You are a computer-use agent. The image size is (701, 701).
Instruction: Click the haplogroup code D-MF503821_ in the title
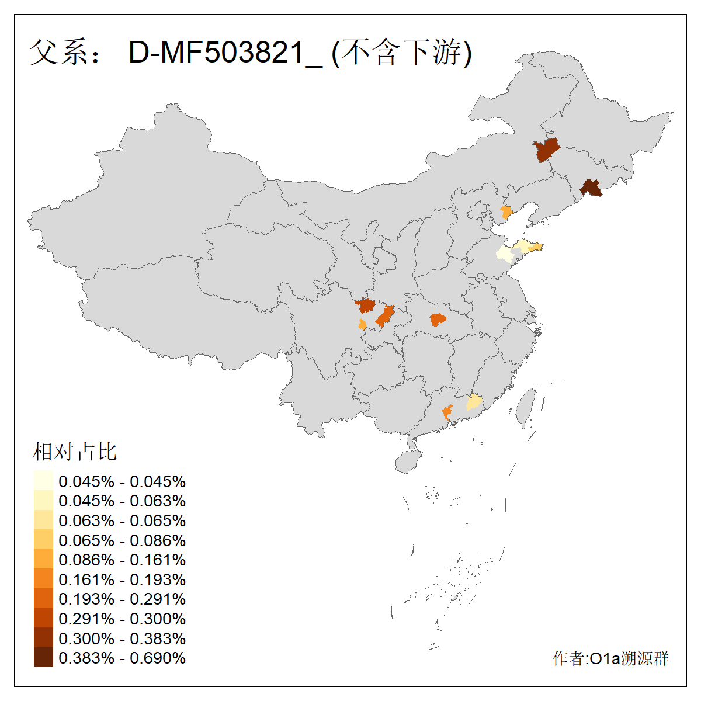tap(225, 53)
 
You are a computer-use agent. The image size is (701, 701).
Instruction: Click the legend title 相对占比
tap(75, 452)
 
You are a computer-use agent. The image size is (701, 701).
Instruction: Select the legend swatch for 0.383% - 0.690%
tap(43, 658)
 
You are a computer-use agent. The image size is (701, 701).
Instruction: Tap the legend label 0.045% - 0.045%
tap(122, 481)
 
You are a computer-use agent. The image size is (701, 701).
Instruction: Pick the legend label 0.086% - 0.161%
tap(122, 560)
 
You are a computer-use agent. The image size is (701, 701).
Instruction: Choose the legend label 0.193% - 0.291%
tap(122, 599)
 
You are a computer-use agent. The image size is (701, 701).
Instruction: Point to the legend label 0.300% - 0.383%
tap(122, 638)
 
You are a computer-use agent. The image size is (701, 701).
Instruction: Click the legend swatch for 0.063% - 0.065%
tap(43, 520)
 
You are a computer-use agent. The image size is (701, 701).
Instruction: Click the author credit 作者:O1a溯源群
tap(610, 659)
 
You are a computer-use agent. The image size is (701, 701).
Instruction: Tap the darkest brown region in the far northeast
tap(592, 188)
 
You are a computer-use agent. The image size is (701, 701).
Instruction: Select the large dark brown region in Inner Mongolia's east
tap(546, 150)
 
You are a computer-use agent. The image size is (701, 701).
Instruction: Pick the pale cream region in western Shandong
tap(503, 253)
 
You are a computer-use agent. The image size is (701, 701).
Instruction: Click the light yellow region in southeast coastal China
tap(474, 402)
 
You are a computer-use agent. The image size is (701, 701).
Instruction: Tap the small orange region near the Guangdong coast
tap(447, 412)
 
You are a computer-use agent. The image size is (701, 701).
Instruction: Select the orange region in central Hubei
tap(438, 320)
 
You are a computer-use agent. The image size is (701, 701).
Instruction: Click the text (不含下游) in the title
tap(401, 53)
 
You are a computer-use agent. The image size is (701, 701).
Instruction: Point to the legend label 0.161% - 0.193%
tap(122, 579)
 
